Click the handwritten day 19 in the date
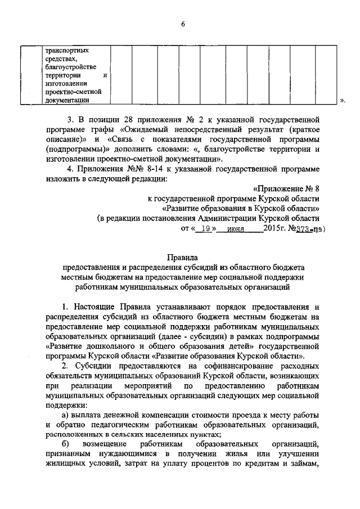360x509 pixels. point(208,230)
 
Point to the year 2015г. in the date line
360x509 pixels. point(275,229)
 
